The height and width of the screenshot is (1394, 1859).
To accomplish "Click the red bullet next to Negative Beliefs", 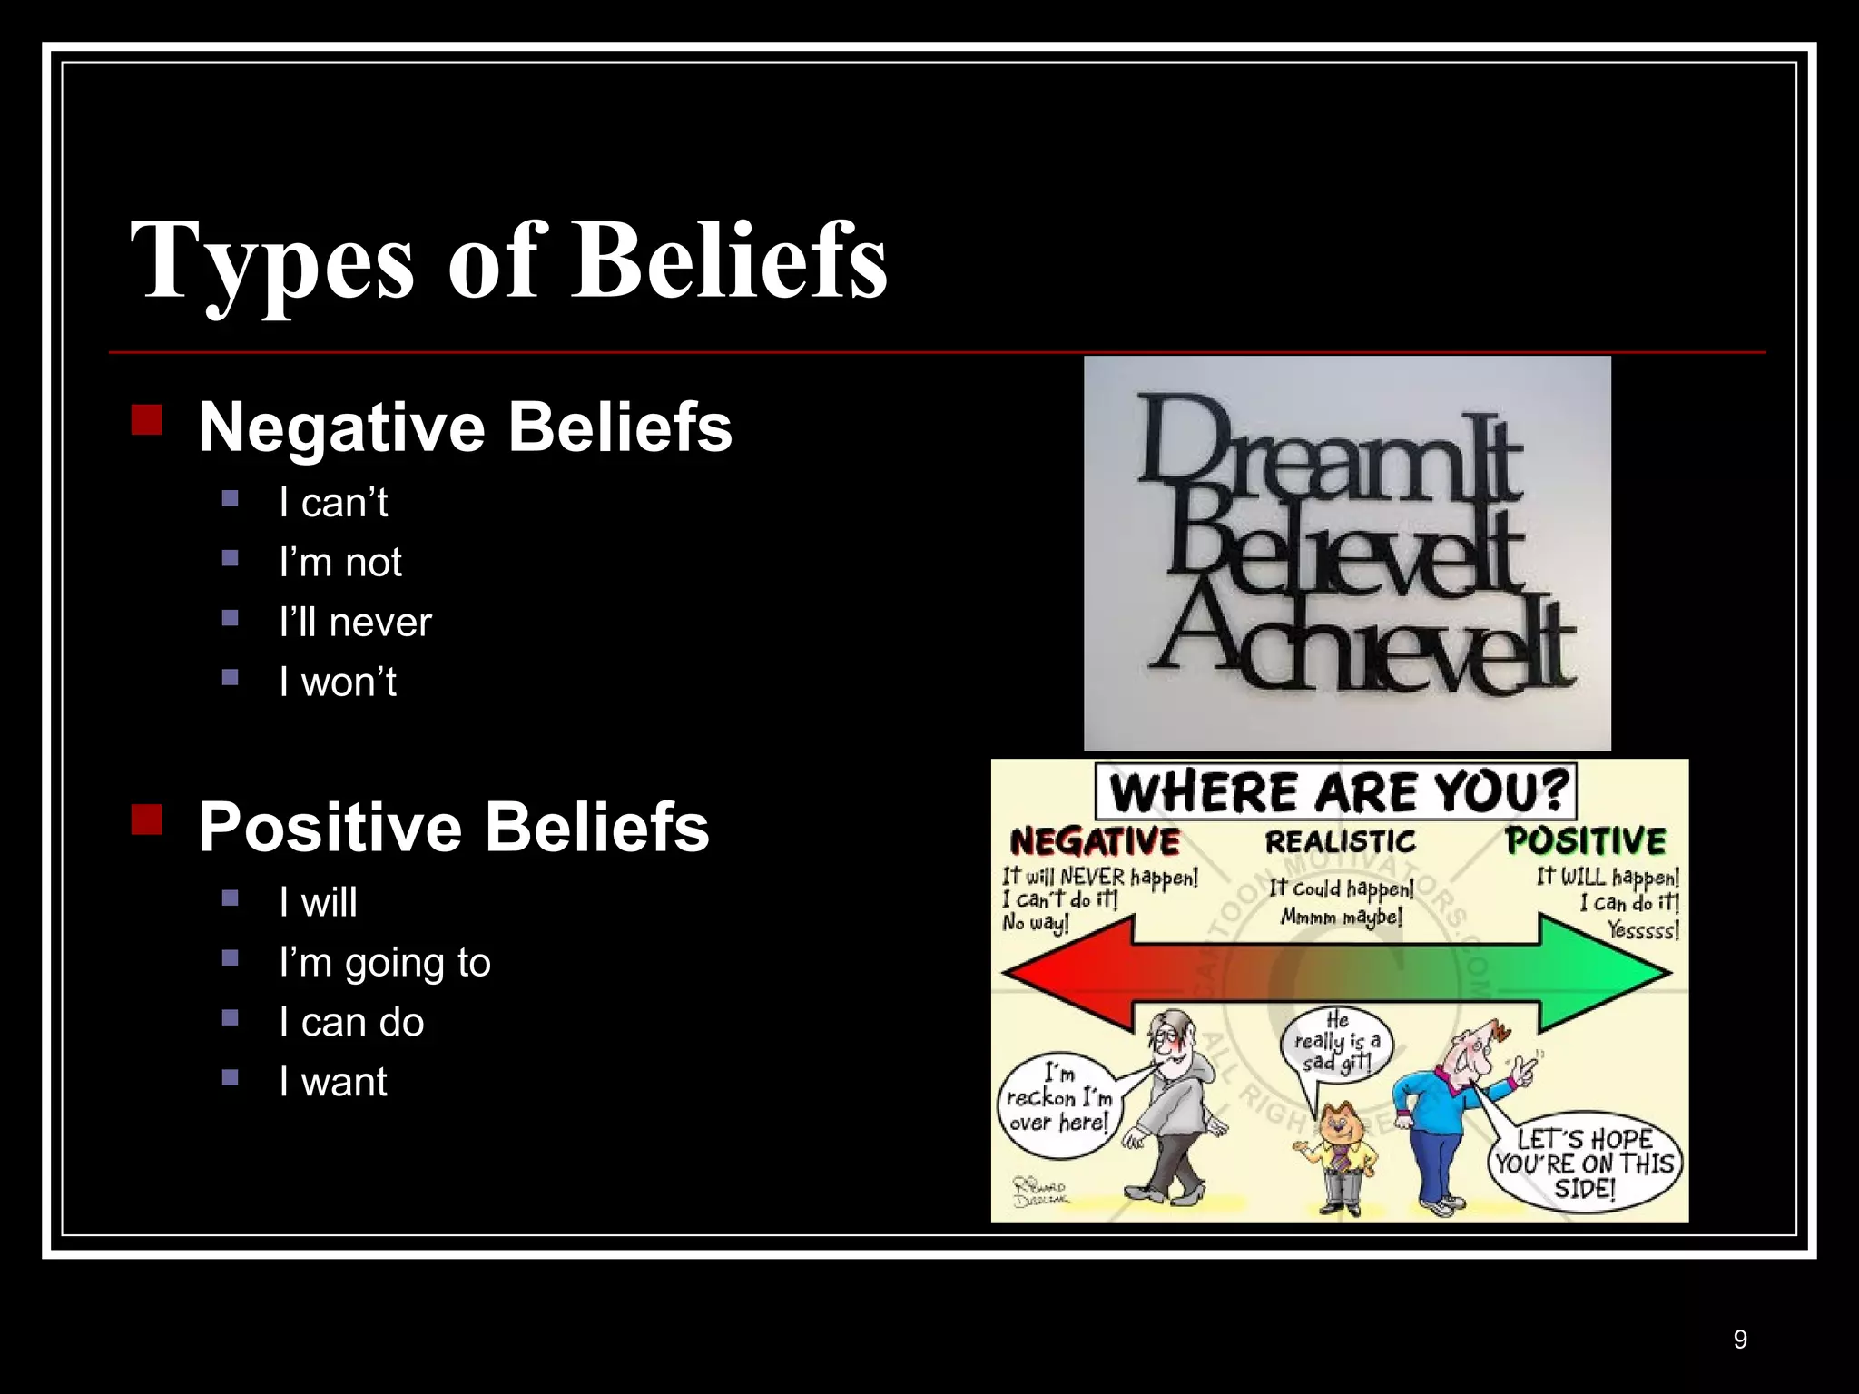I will click(x=146, y=420).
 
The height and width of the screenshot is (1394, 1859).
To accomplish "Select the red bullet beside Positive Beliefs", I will click(x=146, y=820).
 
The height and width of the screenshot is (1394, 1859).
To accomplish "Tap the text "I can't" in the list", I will click(x=333, y=503).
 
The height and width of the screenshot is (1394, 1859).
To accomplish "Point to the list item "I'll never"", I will click(x=355, y=623).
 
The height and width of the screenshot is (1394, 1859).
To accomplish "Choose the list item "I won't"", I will click(x=338, y=682).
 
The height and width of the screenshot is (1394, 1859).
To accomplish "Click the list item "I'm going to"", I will click(x=385, y=963).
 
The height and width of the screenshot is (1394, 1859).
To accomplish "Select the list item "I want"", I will click(x=333, y=1082).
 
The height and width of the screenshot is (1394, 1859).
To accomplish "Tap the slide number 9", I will click(x=1739, y=1340).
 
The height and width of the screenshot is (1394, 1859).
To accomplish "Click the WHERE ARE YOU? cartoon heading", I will click(x=1336, y=791).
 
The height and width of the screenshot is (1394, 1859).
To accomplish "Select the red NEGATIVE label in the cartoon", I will click(x=1095, y=841).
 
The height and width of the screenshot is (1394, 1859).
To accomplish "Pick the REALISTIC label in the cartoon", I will click(x=1340, y=842).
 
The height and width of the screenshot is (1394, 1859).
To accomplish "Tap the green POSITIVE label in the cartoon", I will click(x=1586, y=841).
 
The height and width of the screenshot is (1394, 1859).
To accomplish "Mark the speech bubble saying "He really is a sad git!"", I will click(x=1336, y=1044).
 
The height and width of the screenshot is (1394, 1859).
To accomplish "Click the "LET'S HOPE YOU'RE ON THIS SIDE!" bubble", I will click(x=1584, y=1163).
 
